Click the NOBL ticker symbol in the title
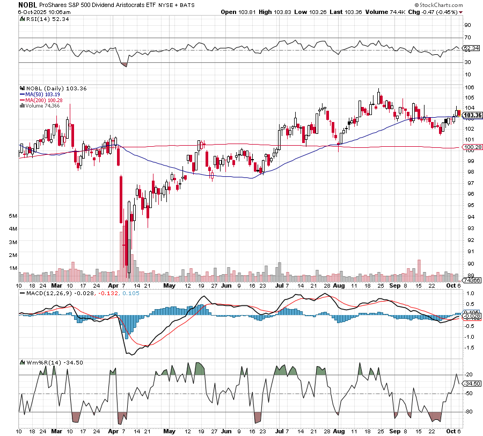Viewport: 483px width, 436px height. pos(27,4)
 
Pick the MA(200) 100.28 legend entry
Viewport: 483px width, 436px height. pos(41,100)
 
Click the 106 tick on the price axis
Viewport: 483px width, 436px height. pos(469,88)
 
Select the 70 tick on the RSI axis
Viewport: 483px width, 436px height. pos(468,38)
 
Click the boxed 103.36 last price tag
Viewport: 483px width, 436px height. pos(472,115)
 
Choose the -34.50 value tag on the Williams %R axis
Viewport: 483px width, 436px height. pos(472,383)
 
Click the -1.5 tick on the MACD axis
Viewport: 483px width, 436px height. pos(470,348)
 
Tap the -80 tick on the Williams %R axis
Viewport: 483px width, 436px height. pos(469,412)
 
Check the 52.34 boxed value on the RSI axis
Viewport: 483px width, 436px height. pos(471,48)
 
